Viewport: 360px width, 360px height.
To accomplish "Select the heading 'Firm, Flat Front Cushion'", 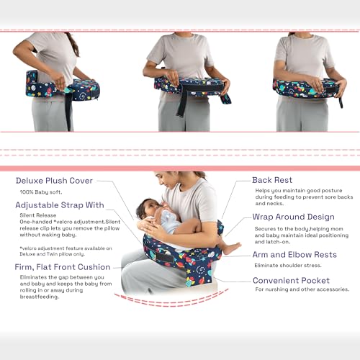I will (x=63, y=267).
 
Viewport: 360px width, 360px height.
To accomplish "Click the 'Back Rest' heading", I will (x=272, y=180).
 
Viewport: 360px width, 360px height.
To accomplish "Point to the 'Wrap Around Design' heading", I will (x=293, y=217).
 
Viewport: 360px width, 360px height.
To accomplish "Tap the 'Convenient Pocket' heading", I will (x=291, y=280).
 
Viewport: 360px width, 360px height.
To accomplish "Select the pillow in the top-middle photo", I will (x=189, y=85).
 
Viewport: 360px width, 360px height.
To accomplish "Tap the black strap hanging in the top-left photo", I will (x=68, y=115).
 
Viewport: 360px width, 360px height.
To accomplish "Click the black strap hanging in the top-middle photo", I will (x=183, y=104).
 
